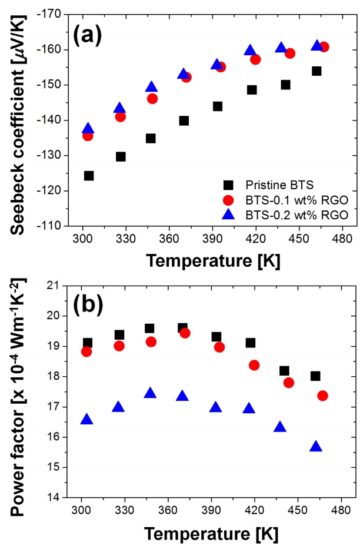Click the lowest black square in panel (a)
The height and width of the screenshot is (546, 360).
pos(89,176)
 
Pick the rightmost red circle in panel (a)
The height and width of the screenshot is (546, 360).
pos(324,47)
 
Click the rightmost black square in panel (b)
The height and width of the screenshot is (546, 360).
pos(315,376)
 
